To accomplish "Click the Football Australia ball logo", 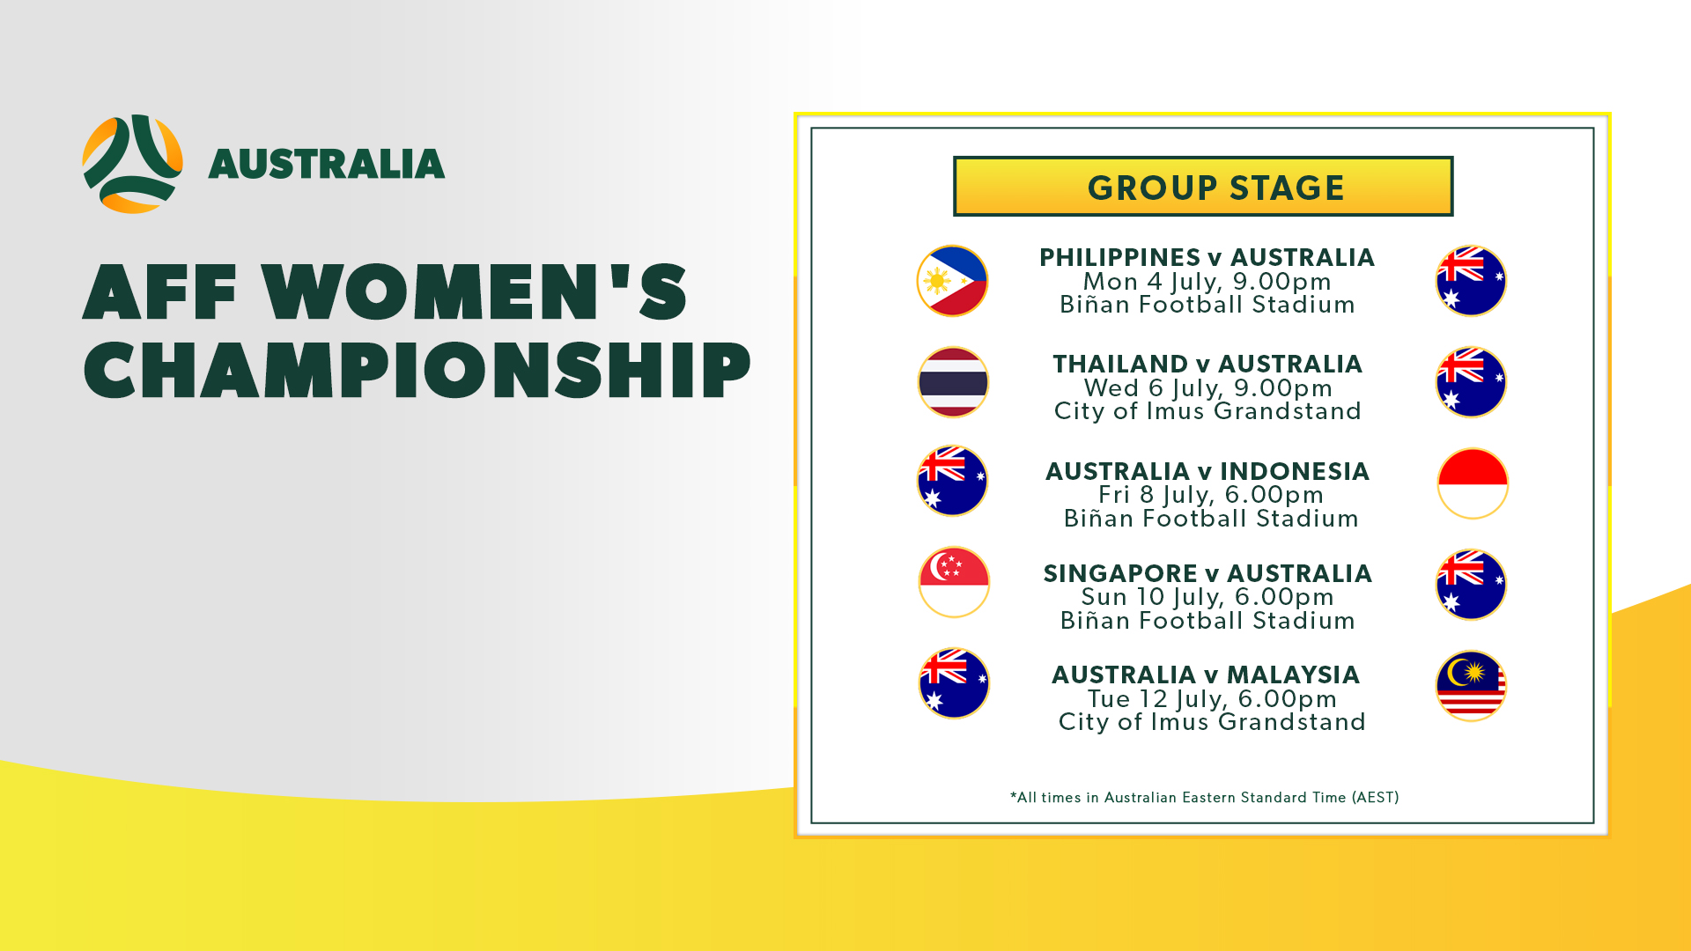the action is coord(133,164).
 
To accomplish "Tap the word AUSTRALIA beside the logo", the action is coord(327,165).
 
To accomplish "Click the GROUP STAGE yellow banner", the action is coord(1203,187).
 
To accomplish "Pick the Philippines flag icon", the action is coord(952,281).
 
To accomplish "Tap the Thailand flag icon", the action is coord(953,382).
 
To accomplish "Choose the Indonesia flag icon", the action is coord(1473,483).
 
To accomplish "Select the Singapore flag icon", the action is coord(954,582).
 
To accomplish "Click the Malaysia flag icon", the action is coord(1472,686).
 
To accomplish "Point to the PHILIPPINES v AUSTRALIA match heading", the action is coord(1207,257).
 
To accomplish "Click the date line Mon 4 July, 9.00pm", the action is coord(1207,282).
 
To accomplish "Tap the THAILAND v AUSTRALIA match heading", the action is coord(1207,364).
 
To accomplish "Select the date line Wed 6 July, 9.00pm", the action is coord(1207,388).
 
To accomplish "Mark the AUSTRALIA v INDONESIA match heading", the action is coord(1207,471).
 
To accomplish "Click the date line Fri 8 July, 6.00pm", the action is coord(1211,495).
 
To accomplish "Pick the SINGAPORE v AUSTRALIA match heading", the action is coord(1207,573).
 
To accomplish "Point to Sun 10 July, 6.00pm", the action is coord(1207,597).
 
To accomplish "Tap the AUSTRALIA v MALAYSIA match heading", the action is coord(1206,675).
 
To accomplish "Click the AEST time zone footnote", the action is coord(1204,798).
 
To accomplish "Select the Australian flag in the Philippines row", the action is coord(1471,281).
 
